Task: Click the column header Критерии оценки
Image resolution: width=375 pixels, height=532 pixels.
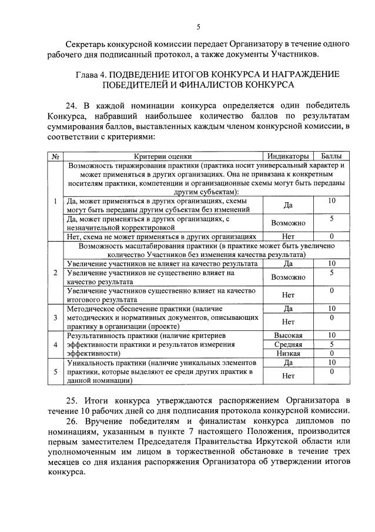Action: coord(163,156)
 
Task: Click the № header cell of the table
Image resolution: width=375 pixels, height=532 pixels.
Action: coord(55,156)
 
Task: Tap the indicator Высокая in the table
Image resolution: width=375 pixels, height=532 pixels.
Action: coord(288,335)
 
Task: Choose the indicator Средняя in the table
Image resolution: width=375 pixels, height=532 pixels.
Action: coord(288,344)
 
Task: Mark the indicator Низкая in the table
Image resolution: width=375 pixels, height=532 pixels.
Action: coord(288,353)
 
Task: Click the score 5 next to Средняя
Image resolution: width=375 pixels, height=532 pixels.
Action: coord(332,344)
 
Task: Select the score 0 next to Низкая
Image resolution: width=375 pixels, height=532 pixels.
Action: coord(332,353)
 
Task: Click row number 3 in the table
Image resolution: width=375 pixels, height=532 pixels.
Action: coord(55,317)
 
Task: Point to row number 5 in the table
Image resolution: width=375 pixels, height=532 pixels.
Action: coord(55,372)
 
